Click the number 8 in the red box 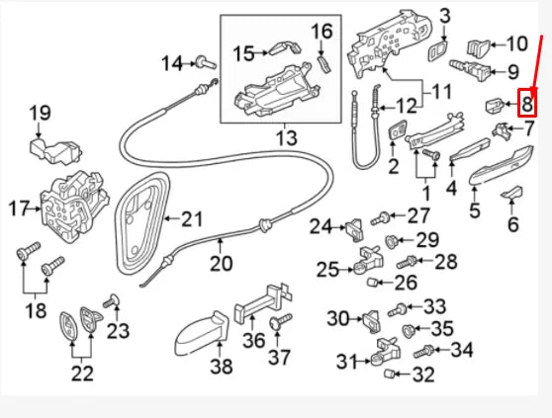point(527,102)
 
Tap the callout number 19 point(39,114)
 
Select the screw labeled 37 point(275,323)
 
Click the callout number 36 point(254,339)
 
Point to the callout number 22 point(82,374)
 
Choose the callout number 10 point(516,43)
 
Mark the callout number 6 point(512,224)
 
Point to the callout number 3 point(444,15)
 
